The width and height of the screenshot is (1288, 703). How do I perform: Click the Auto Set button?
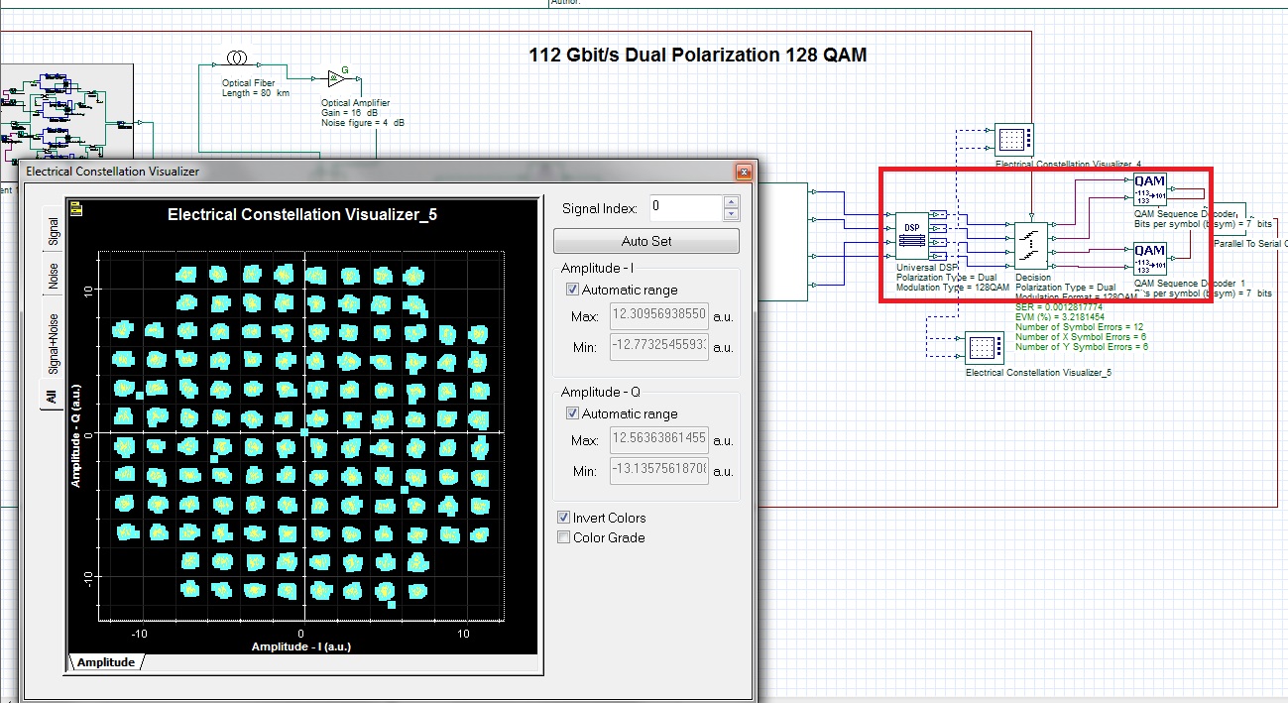point(645,241)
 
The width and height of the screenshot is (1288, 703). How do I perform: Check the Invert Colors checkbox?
point(564,518)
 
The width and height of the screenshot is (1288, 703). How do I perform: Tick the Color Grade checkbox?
point(564,537)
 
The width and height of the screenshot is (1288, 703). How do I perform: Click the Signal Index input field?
point(685,208)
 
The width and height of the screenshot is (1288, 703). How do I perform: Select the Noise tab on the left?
point(53,276)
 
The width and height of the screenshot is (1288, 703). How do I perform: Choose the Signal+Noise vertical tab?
point(53,343)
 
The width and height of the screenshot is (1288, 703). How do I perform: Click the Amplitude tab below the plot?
point(106,662)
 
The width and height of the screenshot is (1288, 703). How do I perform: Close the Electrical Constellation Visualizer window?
point(742,172)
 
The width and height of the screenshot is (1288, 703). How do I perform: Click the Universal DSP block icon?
point(911,236)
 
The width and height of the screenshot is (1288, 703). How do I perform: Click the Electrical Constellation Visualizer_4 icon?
point(1012,141)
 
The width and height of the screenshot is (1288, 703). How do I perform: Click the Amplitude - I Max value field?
point(658,315)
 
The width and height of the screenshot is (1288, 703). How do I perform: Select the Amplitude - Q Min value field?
point(658,471)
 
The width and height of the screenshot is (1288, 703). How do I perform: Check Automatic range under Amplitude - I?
point(573,290)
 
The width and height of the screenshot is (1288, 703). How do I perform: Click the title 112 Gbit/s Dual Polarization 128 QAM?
point(698,56)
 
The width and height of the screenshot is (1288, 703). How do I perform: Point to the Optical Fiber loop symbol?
point(236,58)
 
